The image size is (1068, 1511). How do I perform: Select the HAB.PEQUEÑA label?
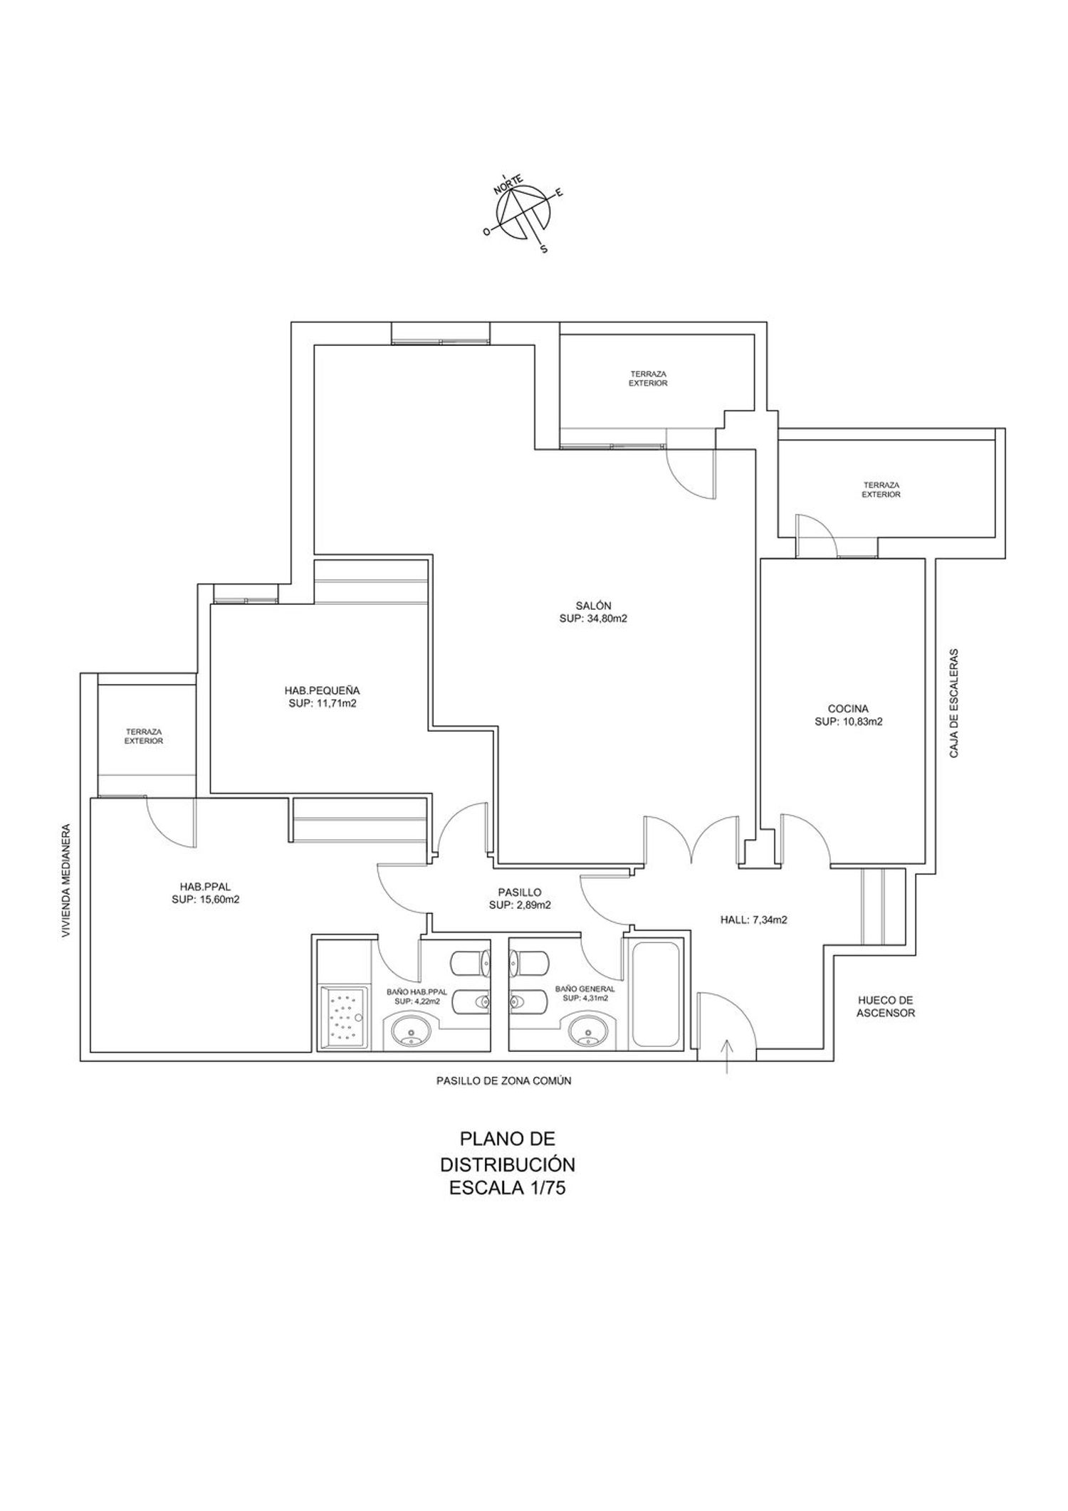point(322,690)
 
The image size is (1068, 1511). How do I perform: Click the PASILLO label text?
point(520,892)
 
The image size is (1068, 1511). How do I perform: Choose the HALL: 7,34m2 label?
point(754,920)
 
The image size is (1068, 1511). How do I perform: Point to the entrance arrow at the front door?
point(726,1056)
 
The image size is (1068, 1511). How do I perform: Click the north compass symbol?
point(525,214)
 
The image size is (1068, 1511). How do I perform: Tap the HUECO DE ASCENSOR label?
point(886,1006)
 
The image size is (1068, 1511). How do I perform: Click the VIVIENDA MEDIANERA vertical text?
point(66,881)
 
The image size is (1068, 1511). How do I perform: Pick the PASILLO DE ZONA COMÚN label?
point(504,1080)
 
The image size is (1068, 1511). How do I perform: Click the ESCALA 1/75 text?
point(507,1187)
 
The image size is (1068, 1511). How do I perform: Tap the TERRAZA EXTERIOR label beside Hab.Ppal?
point(145,736)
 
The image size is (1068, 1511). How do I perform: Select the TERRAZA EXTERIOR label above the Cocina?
point(881,490)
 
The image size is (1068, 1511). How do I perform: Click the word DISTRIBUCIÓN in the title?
point(507,1164)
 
